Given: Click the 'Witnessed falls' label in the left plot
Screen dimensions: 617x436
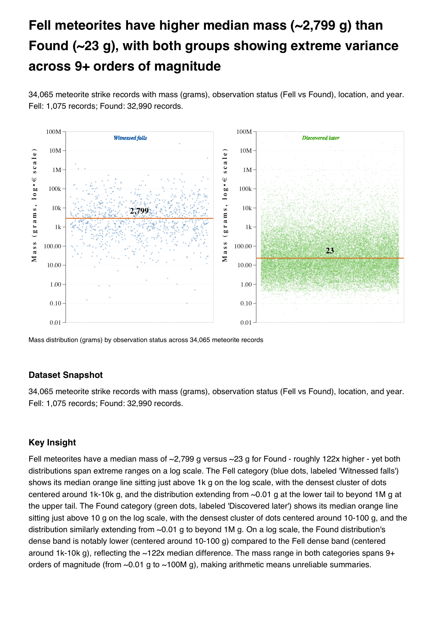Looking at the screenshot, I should pos(130,138).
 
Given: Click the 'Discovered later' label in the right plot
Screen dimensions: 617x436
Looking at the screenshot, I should pos(320,138).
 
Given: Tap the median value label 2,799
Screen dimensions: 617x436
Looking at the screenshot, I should pos(139,211).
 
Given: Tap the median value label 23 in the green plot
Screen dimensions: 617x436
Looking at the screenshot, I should pos(330,251).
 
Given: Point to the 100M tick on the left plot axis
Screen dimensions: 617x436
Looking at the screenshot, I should pos(54,131).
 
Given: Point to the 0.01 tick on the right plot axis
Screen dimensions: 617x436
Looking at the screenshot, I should pos(246,322).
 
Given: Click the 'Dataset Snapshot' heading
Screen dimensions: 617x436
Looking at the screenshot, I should pos(66,375).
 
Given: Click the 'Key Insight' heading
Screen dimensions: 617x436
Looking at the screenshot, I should pos(52,442).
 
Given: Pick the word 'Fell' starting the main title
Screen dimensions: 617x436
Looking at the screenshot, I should pos(40,25).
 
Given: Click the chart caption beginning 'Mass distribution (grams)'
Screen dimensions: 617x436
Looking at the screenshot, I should pos(146,340).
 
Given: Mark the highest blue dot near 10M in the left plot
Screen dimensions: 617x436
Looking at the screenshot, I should pos(179,143).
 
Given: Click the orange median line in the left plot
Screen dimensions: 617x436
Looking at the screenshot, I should pos(96,219).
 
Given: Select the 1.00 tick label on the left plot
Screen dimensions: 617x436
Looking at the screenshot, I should pos(56,284).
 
